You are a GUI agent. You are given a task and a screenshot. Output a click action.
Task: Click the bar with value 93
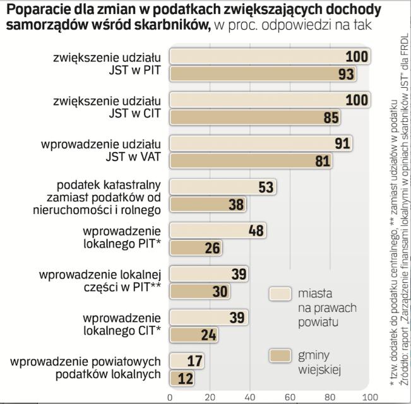(265, 74)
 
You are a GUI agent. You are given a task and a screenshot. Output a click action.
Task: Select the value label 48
(256, 230)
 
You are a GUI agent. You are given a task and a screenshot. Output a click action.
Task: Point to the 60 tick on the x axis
(290, 397)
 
